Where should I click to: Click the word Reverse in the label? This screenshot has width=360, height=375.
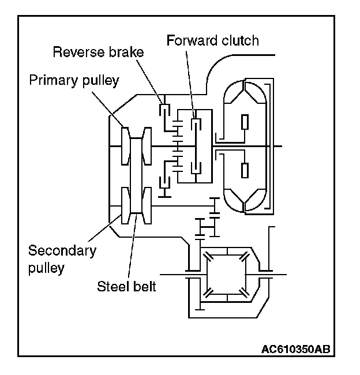(x=75, y=52)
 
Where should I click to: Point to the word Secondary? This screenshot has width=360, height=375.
(x=62, y=252)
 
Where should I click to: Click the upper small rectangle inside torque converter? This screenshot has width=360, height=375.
(x=245, y=122)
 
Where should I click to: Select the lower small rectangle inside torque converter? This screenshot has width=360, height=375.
(x=245, y=171)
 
